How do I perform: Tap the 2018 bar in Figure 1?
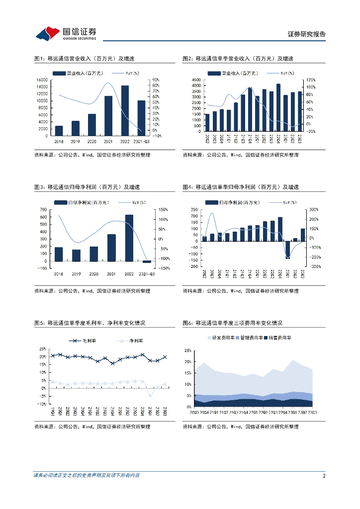(59, 130)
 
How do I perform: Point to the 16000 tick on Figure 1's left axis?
(43, 80)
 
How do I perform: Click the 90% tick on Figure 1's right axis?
(156, 80)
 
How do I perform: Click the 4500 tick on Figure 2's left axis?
(196, 80)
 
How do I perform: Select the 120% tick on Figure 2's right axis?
(310, 80)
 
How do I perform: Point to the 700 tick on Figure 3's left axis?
(44, 210)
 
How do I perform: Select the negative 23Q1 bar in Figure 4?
(287, 250)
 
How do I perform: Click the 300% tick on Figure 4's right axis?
(314, 210)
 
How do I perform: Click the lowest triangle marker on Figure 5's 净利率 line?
(150, 395)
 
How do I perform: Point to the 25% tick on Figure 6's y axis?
(188, 350)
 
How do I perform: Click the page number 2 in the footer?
(324, 476)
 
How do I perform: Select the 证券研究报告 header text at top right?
(307, 34)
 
